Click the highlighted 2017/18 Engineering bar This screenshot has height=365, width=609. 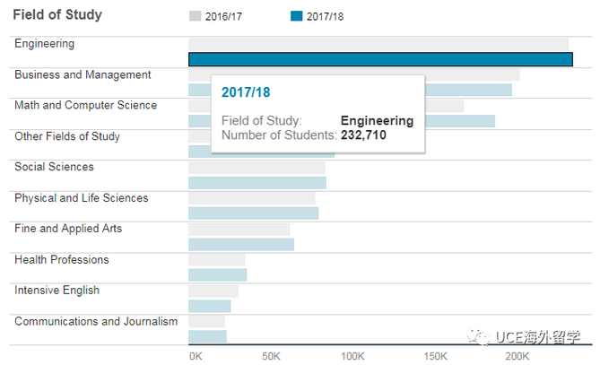tap(380, 59)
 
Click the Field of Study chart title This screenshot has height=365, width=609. tap(57, 15)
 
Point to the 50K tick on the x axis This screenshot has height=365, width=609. tap(272, 356)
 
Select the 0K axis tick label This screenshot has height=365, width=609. tap(196, 356)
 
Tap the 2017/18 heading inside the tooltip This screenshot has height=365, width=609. tap(246, 92)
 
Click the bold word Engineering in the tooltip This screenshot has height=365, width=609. tap(377, 120)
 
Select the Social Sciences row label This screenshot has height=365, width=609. tap(54, 167)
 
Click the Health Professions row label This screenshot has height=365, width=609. tap(62, 259)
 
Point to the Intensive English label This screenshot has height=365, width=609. tap(57, 291)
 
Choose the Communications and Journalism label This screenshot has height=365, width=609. tap(96, 321)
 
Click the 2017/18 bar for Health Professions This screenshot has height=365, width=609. tap(217, 275)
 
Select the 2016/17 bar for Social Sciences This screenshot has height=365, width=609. tap(257, 168)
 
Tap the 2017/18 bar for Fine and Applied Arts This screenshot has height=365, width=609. tap(241, 244)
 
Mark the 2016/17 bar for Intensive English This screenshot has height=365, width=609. tap(213, 291)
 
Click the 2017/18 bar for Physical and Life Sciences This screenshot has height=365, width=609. tap(253, 213)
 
